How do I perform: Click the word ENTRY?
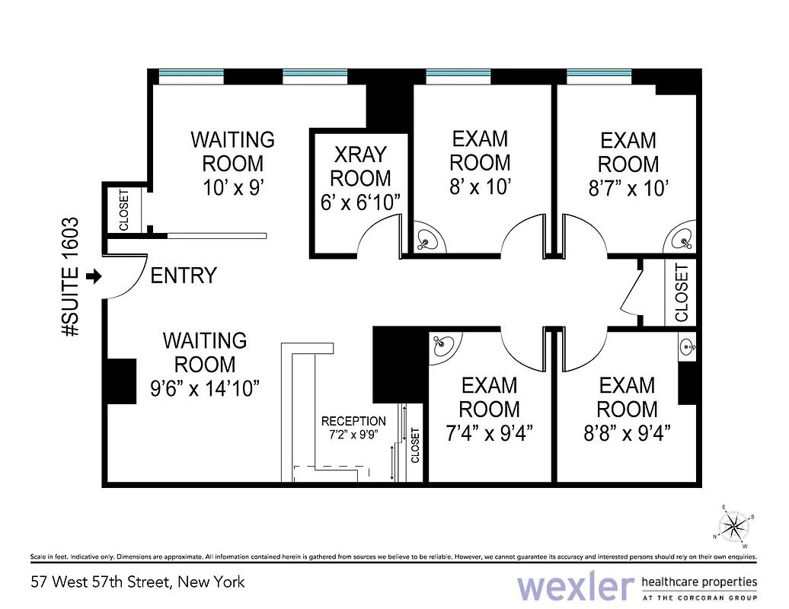click(184, 276)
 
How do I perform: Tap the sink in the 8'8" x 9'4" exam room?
click(688, 347)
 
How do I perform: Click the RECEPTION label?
click(353, 421)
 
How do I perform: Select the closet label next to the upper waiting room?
click(124, 210)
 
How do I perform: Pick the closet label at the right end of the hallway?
click(681, 292)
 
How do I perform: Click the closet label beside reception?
click(415, 446)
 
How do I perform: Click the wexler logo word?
click(575, 587)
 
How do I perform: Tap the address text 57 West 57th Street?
click(138, 582)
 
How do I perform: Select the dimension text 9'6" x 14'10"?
click(205, 388)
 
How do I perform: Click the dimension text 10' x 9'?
click(232, 187)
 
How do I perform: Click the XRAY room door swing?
click(376, 242)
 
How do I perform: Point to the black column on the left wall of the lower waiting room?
click(119, 381)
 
